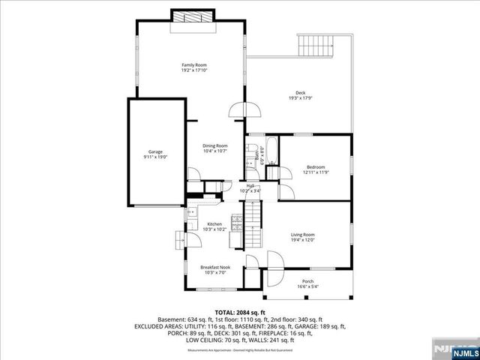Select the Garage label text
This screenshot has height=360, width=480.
[x=155, y=151]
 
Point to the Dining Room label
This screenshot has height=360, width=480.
[x=215, y=145]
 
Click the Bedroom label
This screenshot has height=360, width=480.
[x=316, y=166]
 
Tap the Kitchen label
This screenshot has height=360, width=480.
[x=214, y=223]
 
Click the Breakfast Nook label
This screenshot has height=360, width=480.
[x=214, y=266]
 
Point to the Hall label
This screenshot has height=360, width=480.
[x=250, y=185]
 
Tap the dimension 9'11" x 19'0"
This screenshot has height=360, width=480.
[x=155, y=157]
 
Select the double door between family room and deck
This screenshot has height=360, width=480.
[x=245, y=110]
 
